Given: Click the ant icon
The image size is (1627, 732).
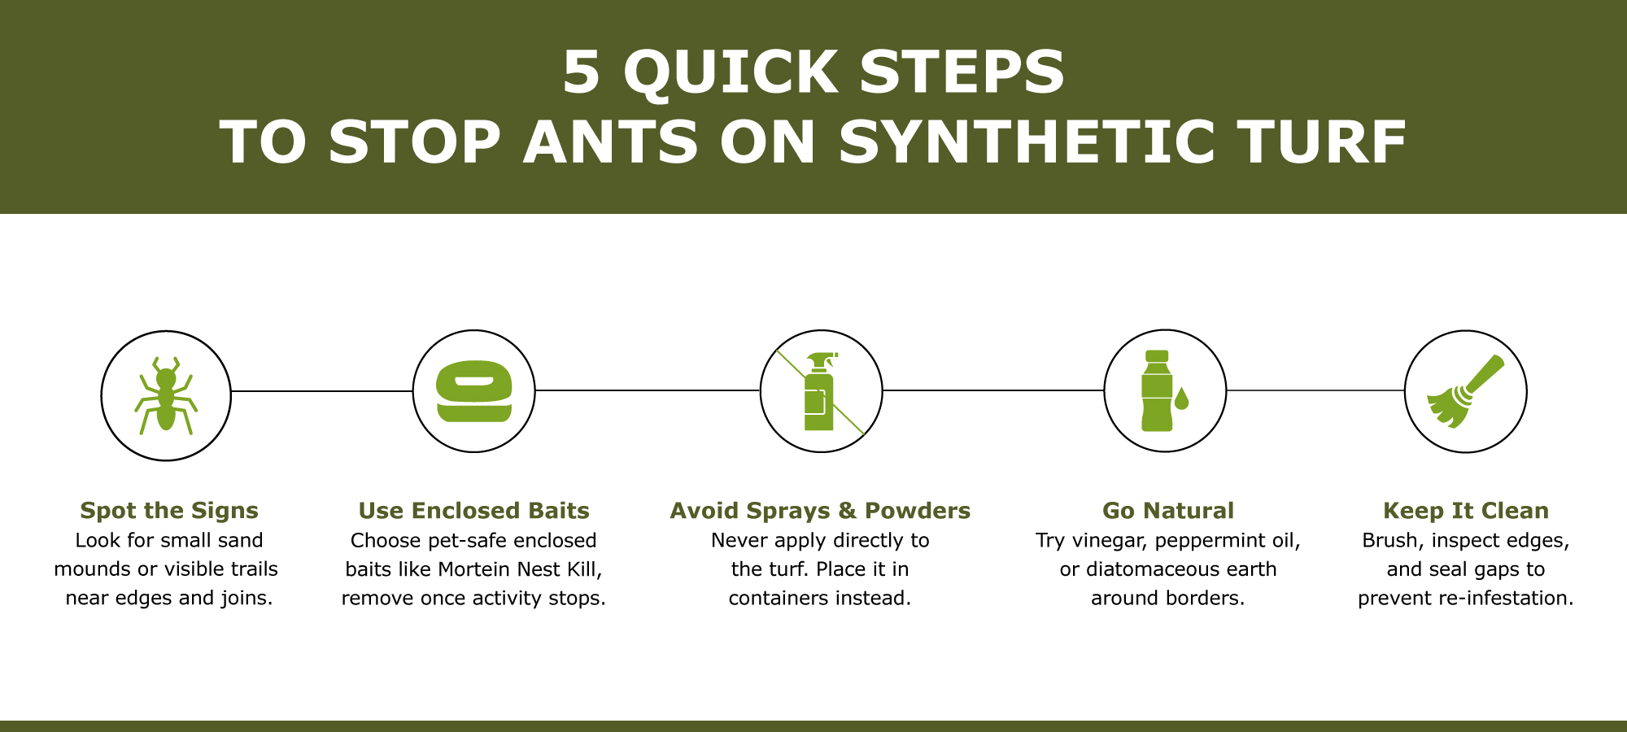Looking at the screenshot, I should point(166,396).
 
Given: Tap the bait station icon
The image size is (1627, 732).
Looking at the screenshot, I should point(473,391).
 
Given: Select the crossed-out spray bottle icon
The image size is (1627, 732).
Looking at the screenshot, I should point(820,391).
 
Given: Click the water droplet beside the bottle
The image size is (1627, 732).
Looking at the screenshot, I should point(1181,399).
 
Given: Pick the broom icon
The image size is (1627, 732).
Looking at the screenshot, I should point(1465,391).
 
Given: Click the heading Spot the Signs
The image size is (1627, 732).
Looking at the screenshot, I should point(169,511).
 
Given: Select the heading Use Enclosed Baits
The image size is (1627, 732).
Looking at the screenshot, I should point(473,511).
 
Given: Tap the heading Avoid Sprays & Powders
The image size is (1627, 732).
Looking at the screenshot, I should point(820,511).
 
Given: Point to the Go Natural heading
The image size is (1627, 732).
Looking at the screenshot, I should point(1167,511).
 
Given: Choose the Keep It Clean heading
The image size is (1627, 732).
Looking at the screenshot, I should point(1465,511).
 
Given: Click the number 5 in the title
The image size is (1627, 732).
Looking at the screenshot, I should point(581,73).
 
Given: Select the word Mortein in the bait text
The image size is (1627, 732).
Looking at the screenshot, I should point(477,569).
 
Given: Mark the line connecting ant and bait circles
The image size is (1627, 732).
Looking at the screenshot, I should point(321,391).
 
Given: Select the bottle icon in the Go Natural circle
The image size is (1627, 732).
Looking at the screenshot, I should point(1156,391).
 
